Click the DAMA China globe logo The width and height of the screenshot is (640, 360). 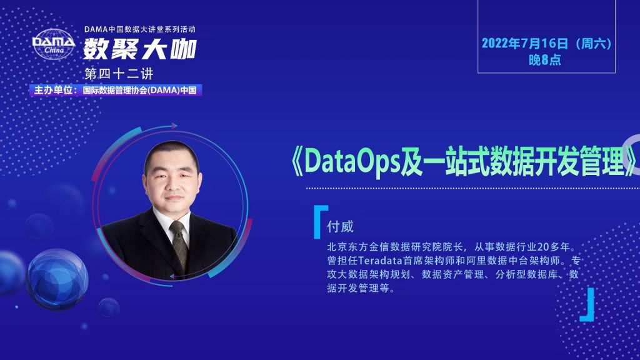point(54,44)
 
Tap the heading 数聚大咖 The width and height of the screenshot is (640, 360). point(140,49)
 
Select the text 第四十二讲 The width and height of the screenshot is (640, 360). point(119,74)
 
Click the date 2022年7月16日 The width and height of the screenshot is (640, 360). point(524,43)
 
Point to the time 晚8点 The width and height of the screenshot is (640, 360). point(545,60)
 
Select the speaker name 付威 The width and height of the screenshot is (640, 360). point(340,226)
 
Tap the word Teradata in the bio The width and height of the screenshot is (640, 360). point(380,261)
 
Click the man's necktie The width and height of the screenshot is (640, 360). point(179,245)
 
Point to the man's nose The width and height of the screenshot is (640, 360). point(172,184)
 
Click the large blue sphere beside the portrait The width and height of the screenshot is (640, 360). point(57,279)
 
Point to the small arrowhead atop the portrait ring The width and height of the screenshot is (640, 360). point(174,125)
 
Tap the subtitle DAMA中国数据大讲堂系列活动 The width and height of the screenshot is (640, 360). point(140,29)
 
